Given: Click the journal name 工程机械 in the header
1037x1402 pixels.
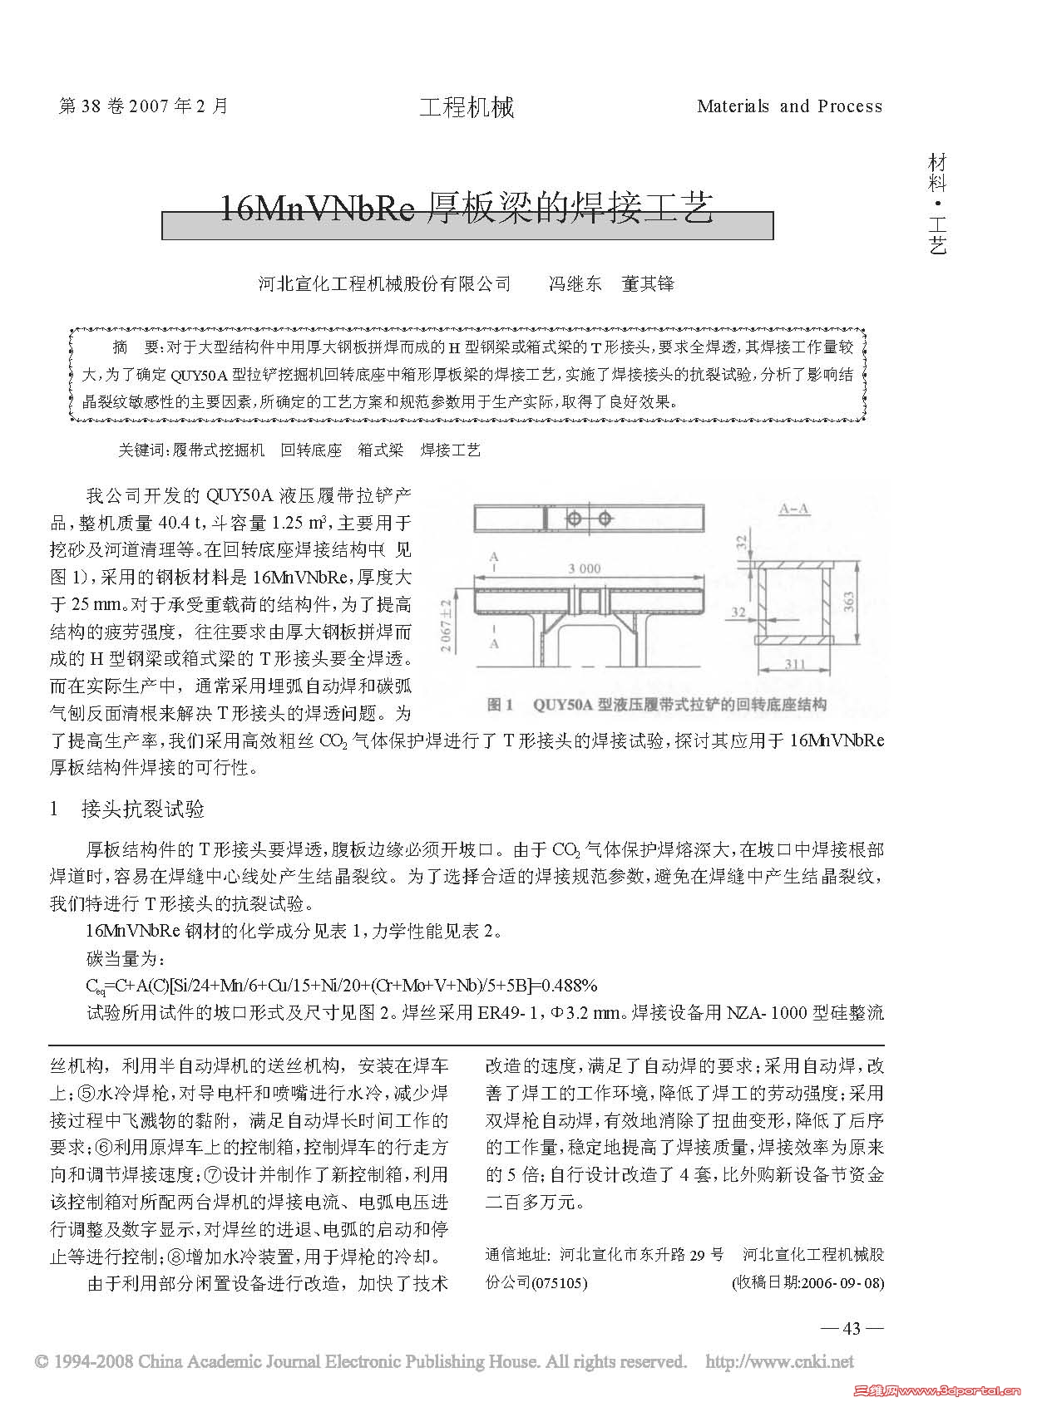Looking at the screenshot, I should [466, 107].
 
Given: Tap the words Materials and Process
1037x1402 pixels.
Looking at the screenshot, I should [789, 106].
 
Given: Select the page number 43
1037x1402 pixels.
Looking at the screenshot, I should [851, 1328].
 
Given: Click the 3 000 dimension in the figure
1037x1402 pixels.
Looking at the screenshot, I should [583, 568].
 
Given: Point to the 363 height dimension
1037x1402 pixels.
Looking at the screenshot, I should [849, 601].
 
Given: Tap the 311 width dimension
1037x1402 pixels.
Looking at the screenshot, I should [795, 664].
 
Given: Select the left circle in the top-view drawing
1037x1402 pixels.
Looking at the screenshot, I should [574, 519].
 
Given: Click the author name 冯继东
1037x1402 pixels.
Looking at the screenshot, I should [575, 284].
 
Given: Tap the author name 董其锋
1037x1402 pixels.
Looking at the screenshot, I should [648, 284].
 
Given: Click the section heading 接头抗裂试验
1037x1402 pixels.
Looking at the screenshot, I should [142, 809].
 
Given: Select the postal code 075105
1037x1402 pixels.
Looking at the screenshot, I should [562, 1282].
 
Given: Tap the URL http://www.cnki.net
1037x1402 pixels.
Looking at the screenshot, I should [779, 1361].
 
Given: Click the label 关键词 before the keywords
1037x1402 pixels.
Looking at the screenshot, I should [142, 450].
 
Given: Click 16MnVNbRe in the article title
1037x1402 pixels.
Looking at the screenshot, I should [315, 209].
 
